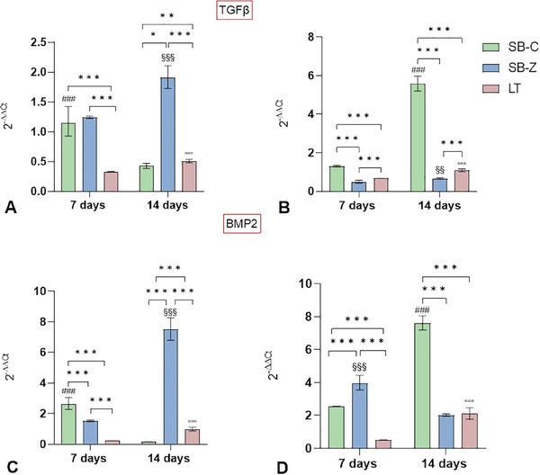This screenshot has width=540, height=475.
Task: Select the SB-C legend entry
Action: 499,46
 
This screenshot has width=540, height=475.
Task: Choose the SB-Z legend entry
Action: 499,68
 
